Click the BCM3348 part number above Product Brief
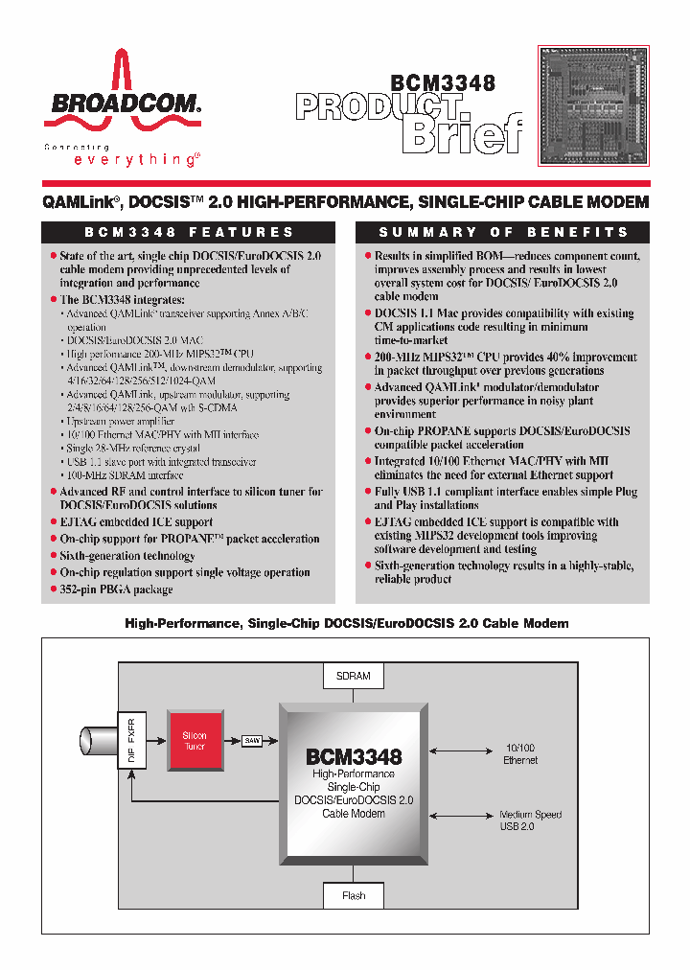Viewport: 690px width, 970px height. click(442, 83)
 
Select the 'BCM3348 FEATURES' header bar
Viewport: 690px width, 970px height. click(189, 232)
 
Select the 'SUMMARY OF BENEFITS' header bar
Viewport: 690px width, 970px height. click(503, 232)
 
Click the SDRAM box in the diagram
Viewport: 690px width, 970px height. click(354, 676)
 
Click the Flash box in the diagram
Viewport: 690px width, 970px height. click(354, 895)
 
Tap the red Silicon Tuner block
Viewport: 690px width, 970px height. click(195, 741)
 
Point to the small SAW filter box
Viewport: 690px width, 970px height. click(252, 740)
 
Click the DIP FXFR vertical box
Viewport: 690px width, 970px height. click(131, 741)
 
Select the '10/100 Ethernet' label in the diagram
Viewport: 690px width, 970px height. click(520, 753)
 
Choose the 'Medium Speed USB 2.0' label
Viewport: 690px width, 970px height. click(530, 820)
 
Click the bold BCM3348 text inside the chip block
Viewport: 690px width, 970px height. click(354, 756)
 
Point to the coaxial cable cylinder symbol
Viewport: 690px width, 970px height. click(97, 741)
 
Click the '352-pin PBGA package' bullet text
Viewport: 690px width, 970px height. click(116, 589)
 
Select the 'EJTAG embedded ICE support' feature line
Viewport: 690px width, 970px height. click(136, 522)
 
